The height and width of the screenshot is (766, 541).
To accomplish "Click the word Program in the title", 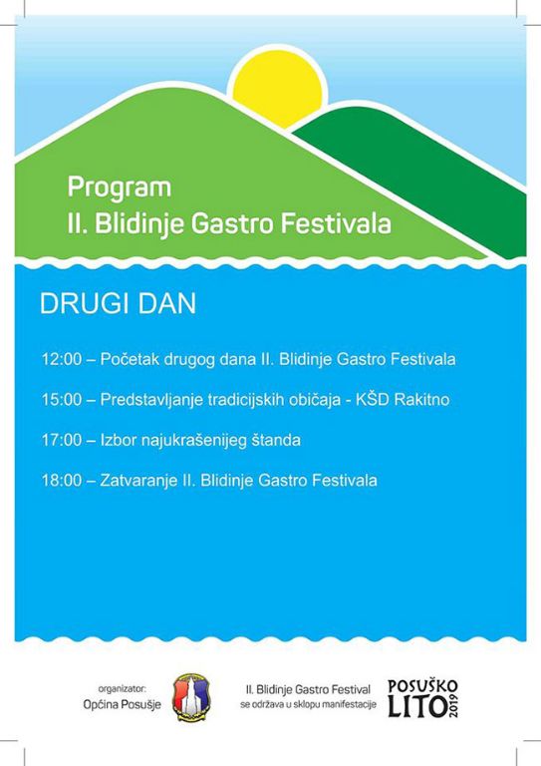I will [x=106, y=187].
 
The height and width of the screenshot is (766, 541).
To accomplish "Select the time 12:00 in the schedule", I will [x=61, y=358].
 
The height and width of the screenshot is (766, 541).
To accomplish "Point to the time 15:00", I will [x=61, y=399].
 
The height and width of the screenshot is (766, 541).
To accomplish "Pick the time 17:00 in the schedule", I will [x=61, y=440].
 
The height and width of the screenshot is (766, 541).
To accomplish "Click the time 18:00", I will [x=61, y=481].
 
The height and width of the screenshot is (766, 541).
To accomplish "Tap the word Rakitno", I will [x=423, y=399].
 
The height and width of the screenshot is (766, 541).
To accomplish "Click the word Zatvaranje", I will [x=136, y=481].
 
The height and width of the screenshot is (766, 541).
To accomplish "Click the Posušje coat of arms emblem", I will [x=188, y=694].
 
